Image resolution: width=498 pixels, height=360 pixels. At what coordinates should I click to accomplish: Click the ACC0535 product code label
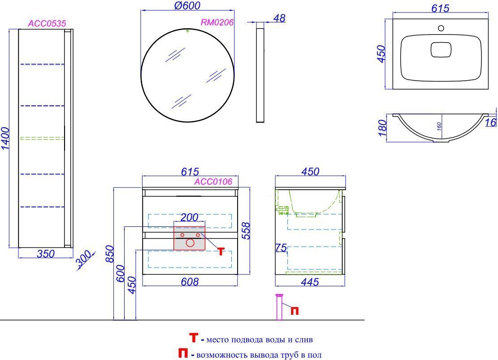(x=47, y=23)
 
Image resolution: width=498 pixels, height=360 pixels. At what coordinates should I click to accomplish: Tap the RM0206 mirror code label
(x=217, y=22)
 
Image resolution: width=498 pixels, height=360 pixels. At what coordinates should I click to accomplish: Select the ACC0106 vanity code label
(x=213, y=182)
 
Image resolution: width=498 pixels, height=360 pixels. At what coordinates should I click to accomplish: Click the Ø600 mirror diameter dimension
(x=187, y=5)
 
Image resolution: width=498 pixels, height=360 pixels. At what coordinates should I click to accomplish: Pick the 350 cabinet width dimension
(x=46, y=254)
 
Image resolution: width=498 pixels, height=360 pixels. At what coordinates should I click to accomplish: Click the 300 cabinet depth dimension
(x=84, y=259)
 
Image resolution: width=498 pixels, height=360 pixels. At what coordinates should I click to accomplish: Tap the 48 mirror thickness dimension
(x=279, y=18)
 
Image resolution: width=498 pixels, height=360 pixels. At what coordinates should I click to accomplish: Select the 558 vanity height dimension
(x=246, y=231)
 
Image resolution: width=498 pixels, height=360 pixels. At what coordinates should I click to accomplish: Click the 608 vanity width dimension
(x=190, y=282)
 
